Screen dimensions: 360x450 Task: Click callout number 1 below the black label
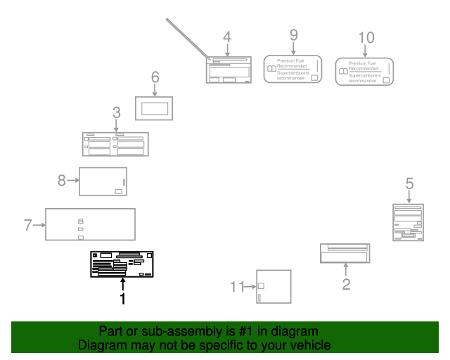coord(122,299)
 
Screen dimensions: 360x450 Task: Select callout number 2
coord(346,284)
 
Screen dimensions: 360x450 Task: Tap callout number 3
coord(116,112)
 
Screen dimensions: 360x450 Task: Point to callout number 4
coord(226,37)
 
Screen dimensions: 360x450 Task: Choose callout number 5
coord(409,183)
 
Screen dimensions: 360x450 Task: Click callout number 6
coord(155,77)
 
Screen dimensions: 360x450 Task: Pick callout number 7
coord(28,225)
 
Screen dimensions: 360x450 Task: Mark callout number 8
coord(62,181)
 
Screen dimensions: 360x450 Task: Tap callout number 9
coord(294,34)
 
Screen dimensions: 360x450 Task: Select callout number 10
coord(366,37)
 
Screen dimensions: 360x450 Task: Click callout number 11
coord(236,286)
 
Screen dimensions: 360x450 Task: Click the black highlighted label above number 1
coord(122,264)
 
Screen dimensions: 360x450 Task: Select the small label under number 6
coord(155,108)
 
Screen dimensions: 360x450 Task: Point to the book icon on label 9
coord(271,69)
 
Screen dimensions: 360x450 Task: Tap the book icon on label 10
coord(342,71)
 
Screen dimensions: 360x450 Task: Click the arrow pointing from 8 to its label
coord(72,181)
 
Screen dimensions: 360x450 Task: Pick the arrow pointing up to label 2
coord(346,269)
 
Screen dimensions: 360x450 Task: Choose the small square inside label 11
coord(261,285)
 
